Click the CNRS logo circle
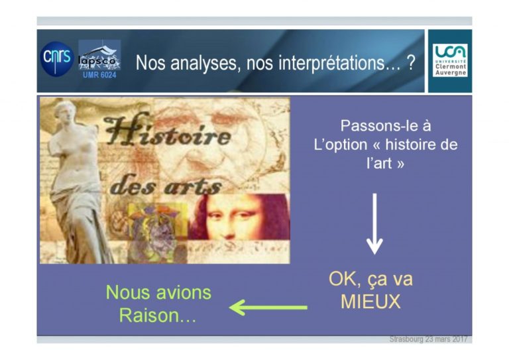click(57, 59)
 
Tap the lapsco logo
click(99, 56)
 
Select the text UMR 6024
click(99, 75)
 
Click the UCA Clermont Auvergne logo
click(450, 60)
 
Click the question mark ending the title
click(411, 62)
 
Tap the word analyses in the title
click(207, 63)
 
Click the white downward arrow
click(374, 223)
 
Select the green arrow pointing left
click(268, 307)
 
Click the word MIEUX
click(370, 302)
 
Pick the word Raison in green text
click(145, 315)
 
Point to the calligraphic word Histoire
click(168, 132)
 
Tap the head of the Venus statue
click(66, 113)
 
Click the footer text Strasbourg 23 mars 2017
click(428, 339)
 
